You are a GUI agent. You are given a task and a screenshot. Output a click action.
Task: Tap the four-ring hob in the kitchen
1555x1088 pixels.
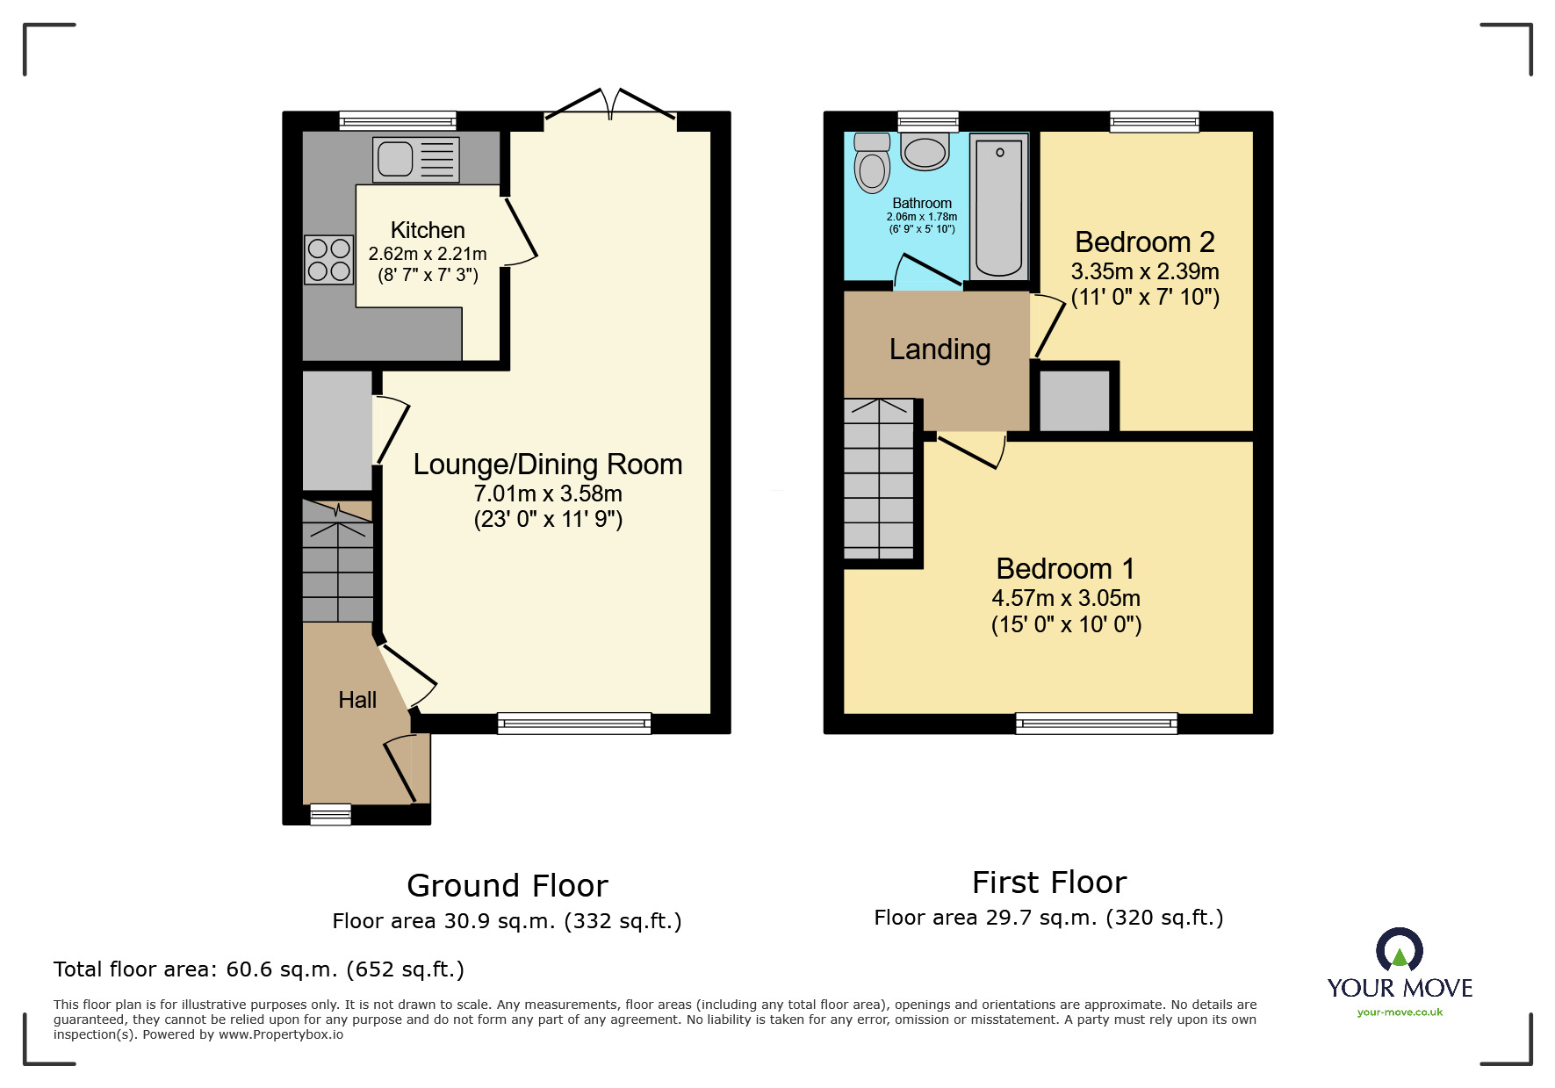328,260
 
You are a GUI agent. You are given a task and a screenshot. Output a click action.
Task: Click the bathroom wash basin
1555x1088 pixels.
925,153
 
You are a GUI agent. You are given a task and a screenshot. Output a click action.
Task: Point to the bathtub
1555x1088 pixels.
999,207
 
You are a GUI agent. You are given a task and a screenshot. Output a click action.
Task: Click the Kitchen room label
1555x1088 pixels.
428,230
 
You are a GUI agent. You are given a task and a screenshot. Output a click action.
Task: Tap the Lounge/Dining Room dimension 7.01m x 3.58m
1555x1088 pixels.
548,494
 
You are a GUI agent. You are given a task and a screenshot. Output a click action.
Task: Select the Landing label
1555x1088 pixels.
939,349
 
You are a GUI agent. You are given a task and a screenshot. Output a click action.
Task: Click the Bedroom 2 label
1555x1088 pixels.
1144,241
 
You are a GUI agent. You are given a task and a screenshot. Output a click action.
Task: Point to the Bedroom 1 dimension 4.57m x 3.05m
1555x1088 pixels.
1065,598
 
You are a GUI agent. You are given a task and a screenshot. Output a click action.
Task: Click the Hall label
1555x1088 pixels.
357,700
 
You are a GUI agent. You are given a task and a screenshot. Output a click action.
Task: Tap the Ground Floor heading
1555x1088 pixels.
507,885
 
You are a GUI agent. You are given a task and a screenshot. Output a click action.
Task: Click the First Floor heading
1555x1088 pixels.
1048,882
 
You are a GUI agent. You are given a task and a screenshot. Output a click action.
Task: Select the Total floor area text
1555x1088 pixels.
258,969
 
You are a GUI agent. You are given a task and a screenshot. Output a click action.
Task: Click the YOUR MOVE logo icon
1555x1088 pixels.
1399,950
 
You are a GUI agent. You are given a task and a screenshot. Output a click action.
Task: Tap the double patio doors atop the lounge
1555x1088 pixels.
610,109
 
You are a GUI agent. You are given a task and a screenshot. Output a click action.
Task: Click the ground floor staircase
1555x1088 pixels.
338,562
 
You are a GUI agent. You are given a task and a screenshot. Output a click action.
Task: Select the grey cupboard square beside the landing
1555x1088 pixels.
1075,400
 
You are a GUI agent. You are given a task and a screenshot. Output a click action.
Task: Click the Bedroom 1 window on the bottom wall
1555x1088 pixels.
1096,724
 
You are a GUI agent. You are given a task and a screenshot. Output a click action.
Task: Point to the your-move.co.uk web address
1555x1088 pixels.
1400,1012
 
